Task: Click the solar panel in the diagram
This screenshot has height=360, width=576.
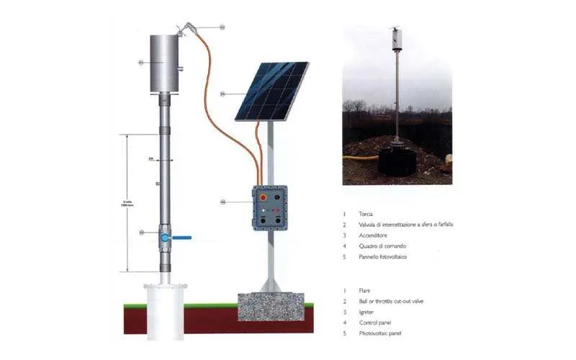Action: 272,91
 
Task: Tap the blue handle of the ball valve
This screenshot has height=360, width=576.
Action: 183,235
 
